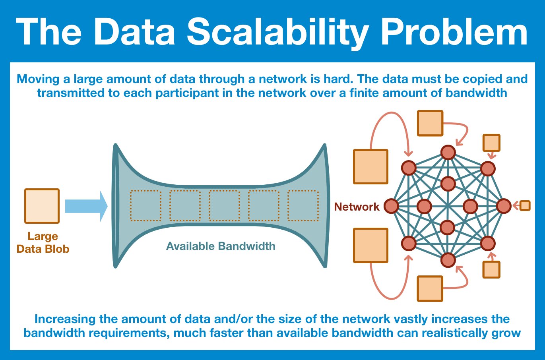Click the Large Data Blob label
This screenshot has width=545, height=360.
click(x=43, y=243)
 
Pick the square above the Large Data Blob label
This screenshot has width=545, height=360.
click(x=42, y=206)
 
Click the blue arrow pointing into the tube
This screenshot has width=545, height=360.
click(x=86, y=206)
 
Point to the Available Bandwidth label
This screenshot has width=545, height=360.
click(x=221, y=246)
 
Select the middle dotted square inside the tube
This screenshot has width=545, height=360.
click(x=224, y=206)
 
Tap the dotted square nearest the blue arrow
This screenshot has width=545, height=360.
click(x=145, y=206)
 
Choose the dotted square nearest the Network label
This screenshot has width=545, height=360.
click(x=303, y=206)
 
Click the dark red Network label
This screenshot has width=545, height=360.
click(x=357, y=207)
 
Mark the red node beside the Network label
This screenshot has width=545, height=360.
click(x=391, y=206)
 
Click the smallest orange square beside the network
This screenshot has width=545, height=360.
click(x=525, y=205)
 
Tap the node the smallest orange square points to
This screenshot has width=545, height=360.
click(x=504, y=206)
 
